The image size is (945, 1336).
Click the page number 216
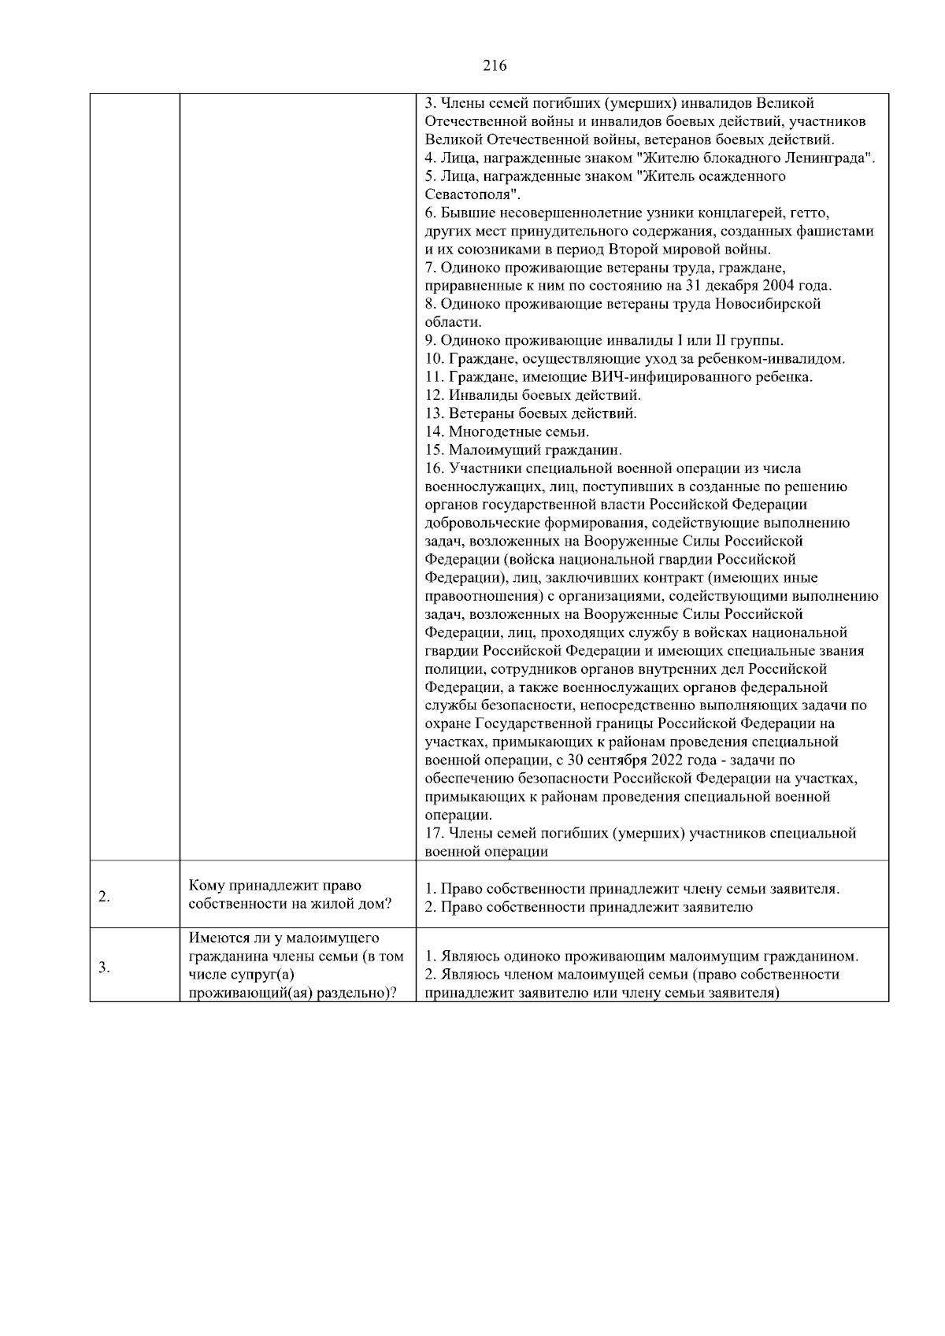494,66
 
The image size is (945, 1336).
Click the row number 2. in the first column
104,897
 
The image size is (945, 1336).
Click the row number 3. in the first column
104,968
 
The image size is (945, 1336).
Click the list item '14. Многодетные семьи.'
506,432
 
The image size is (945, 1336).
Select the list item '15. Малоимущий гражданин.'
523,450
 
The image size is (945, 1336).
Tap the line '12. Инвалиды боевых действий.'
532,395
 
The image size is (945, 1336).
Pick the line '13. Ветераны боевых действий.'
531,413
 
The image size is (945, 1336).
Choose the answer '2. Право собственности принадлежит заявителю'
588,907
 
